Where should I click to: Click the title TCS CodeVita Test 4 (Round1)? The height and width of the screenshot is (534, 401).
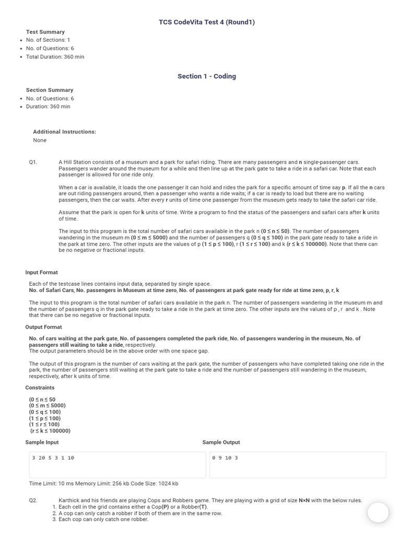pyautogui.click(x=207, y=22)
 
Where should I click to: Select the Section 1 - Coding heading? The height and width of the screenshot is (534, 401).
pyautogui.click(x=207, y=76)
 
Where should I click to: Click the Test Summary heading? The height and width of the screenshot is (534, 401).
pyautogui.click(x=45, y=32)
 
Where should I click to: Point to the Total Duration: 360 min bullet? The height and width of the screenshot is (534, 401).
pyautogui.click(x=55, y=57)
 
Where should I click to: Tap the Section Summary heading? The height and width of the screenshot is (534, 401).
pyautogui.click(x=50, y=90)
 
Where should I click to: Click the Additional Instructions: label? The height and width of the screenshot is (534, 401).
pyautogui.click(x=64, y=132)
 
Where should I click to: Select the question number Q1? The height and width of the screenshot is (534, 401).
pyautogui.click(x=33, y=162)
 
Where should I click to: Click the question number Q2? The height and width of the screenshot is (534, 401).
pyautogui.click(x=33, y=500)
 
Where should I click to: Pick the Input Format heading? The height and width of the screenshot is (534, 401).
pyautogui.click(x=41, y=272)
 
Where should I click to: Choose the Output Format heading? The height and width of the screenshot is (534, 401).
pyautogui.click(x=43, y=327)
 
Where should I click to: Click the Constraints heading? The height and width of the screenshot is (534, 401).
pyautogui.click(x=40, y=387)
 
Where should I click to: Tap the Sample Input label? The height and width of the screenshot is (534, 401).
pyautogui.click(x=42, y=442)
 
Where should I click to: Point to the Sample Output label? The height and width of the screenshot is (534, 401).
pyautogui.click(x=221, y=442)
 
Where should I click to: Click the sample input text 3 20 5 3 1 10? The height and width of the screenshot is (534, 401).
pyautogui.click(x=53, y=458)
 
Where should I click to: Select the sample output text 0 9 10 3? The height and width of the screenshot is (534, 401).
pyautogui.click(x=225, y=458)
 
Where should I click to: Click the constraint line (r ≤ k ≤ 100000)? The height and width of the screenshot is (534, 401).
pyautogui.click(x=50, y=431)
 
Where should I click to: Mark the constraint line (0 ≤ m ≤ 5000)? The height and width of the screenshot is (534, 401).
pyautogui.click(x=47, y=406)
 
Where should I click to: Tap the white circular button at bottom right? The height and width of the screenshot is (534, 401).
pyautogui.click(x=378, y=513)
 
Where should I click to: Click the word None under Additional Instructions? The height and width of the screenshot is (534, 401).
pyautogui.click(x=40, y=140)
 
